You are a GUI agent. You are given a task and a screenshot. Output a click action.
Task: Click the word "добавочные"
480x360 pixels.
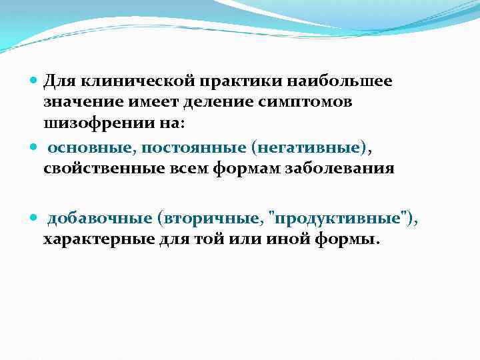93,218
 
